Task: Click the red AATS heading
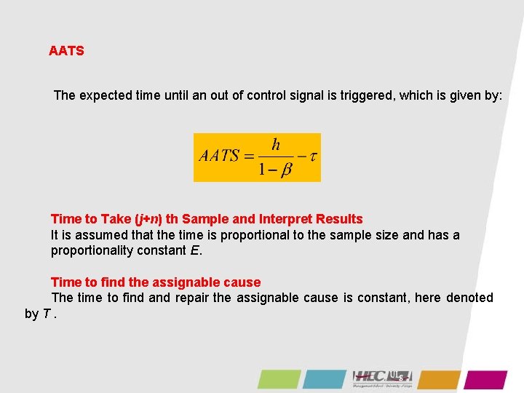pos(66,51)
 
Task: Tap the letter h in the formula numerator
pos(276,144)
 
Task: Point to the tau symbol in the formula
pos(314,156)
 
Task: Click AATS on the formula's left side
pos(219,156)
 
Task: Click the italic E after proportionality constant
pos(194,251)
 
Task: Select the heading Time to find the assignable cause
pos(156,282)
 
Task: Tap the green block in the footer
pos(279,379)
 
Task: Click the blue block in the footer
pos(325,379)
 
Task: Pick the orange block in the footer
pos(439,379)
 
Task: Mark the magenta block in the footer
pos(485,379)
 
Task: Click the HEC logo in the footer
pos(382,377)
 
